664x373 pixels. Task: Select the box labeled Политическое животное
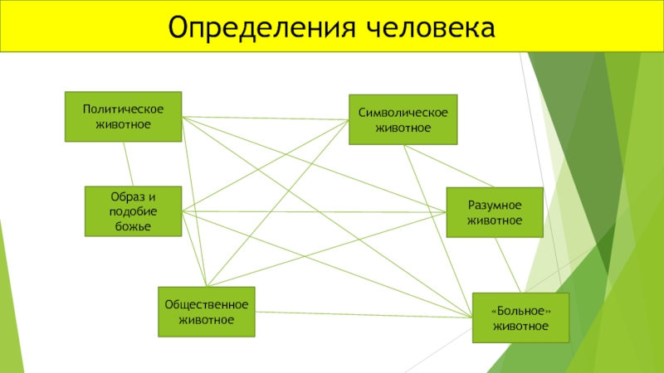coord(123,117)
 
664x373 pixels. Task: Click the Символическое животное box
coord(403,119)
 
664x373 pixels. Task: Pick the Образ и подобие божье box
coord(134,211)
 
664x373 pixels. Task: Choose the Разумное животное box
coord(495,212)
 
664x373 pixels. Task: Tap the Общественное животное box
coord(207,312)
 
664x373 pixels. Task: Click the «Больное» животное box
coord(521,317)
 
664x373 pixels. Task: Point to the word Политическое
coord(123,109)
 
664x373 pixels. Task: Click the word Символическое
coord(403,113)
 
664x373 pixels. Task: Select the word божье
coord(134,226)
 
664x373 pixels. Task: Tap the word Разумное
coord(495,206)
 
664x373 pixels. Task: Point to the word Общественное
coord(207,304)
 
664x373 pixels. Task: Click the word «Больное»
coord(521,311)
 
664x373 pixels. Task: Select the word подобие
coord(134,211)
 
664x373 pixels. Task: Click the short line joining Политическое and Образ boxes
coord(129,164)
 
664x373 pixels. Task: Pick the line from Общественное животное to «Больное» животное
coord(364,315)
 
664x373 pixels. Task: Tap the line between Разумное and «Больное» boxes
coord(508,265)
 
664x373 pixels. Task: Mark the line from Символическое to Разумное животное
coord(449,166)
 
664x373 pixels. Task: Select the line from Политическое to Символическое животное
coord(266,118)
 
